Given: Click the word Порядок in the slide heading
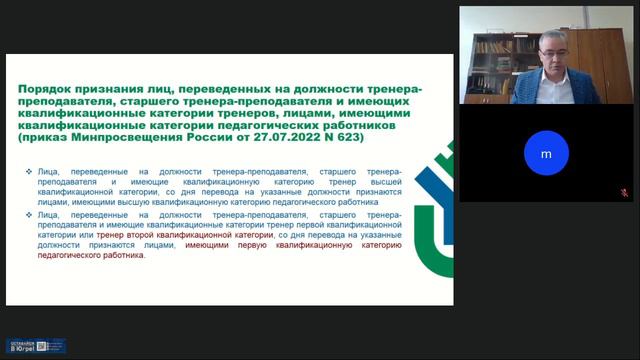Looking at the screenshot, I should click(51, 90).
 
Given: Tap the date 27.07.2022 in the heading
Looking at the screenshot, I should click(297, 150).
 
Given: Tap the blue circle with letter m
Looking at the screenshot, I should click(546, 154).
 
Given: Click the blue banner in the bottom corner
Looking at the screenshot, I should click(36, 346).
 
